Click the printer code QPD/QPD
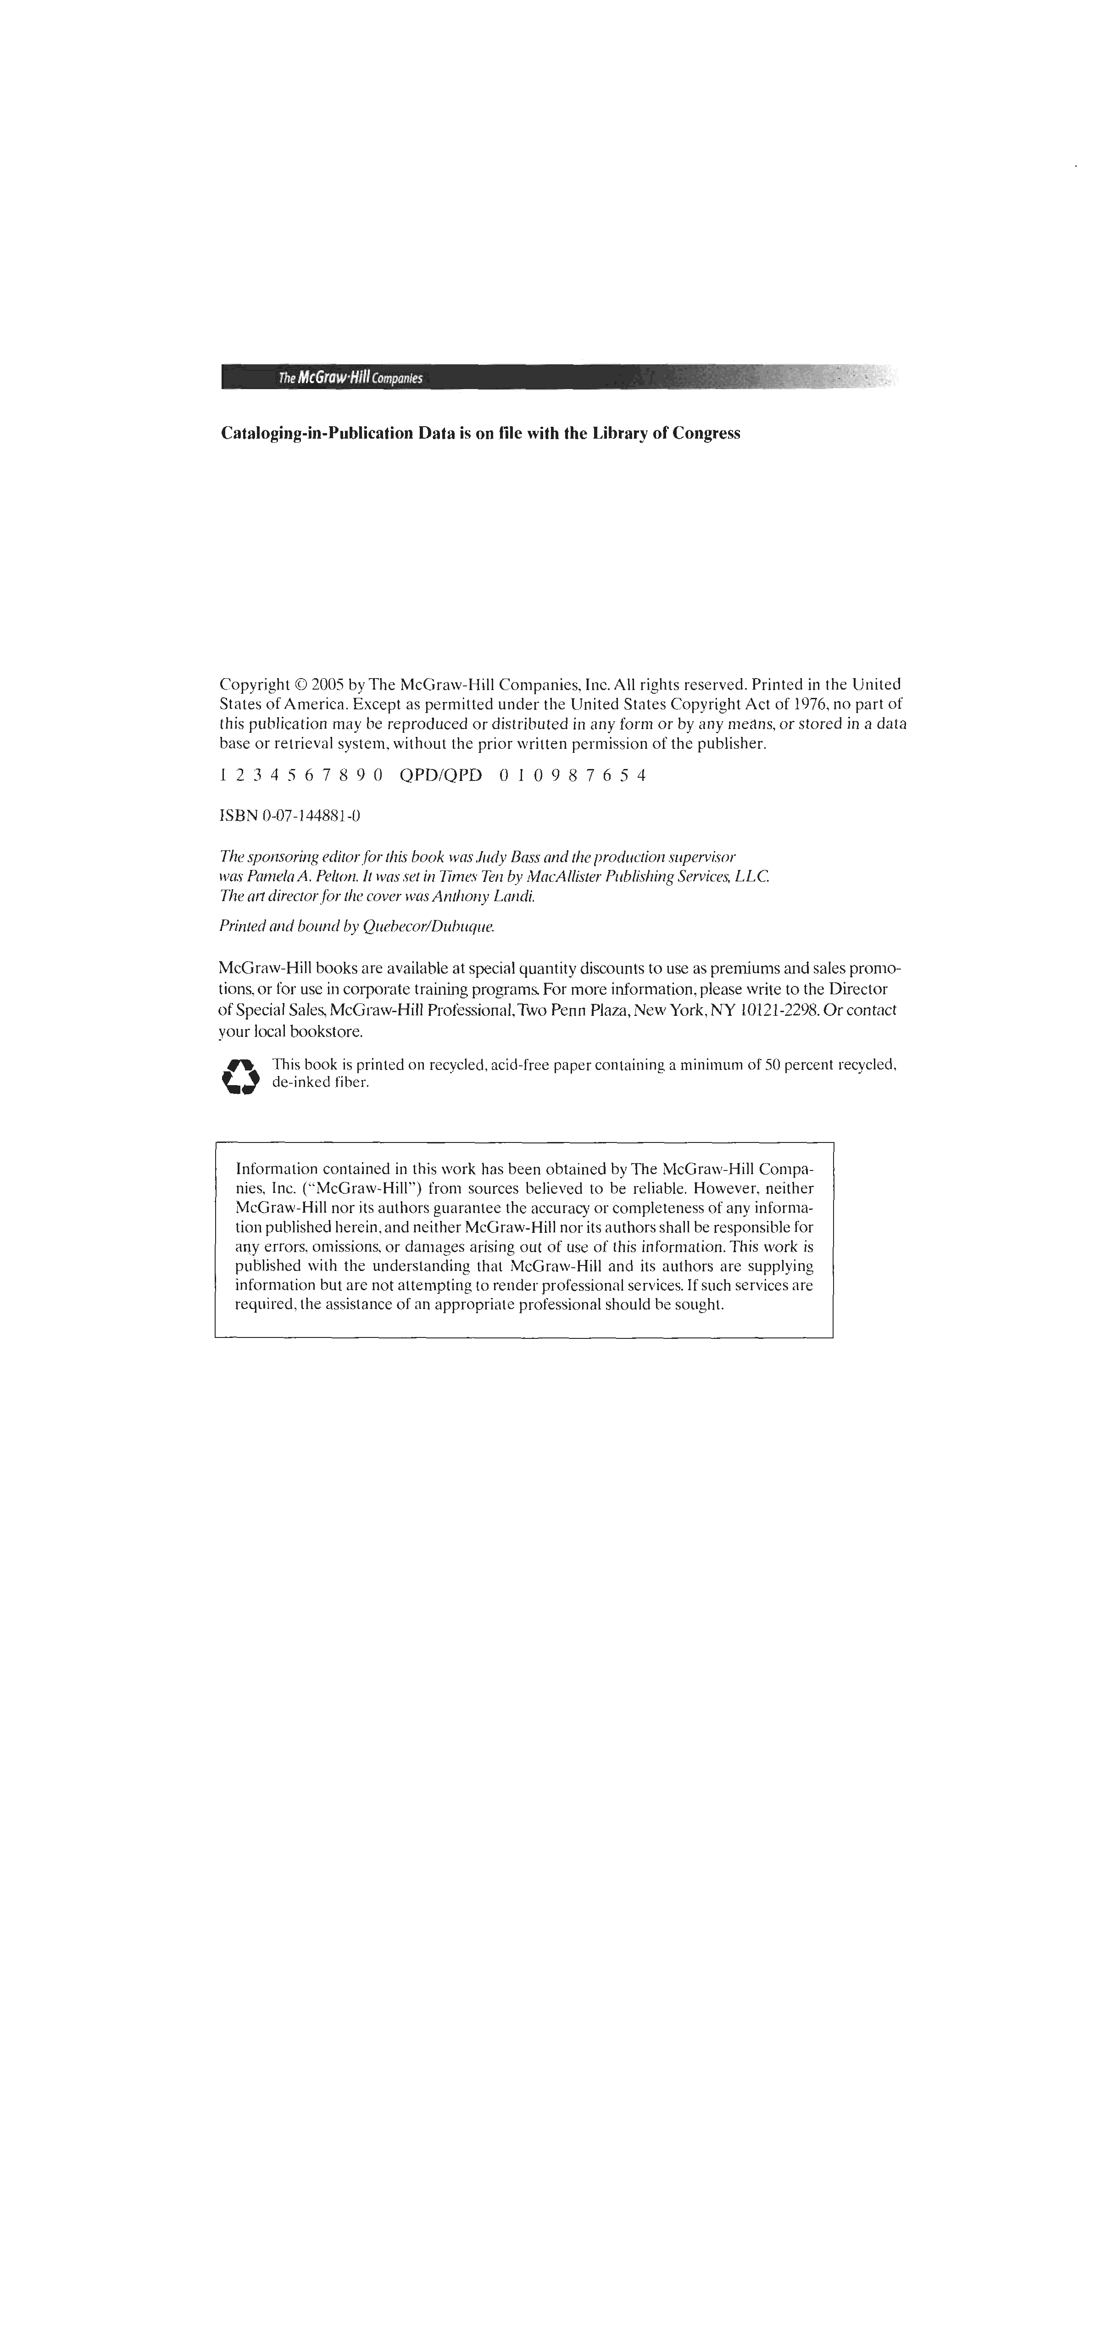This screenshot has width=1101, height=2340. click(x=440, y=776)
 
